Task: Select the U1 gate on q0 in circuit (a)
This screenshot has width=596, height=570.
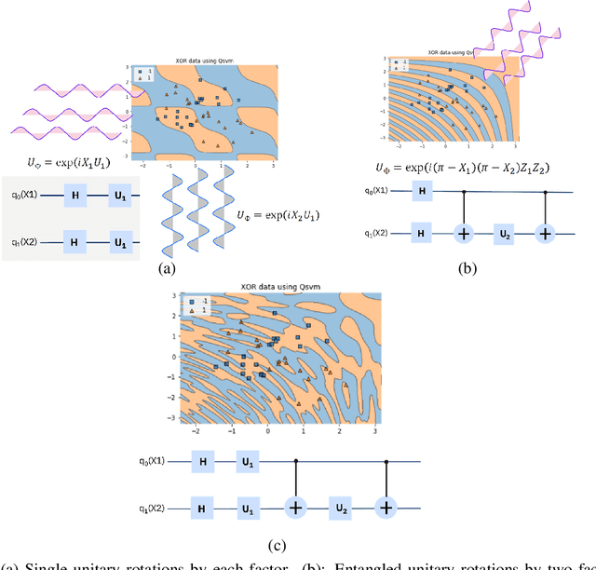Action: coord(118,197)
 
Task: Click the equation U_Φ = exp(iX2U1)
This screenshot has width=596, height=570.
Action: coord(277,214)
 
